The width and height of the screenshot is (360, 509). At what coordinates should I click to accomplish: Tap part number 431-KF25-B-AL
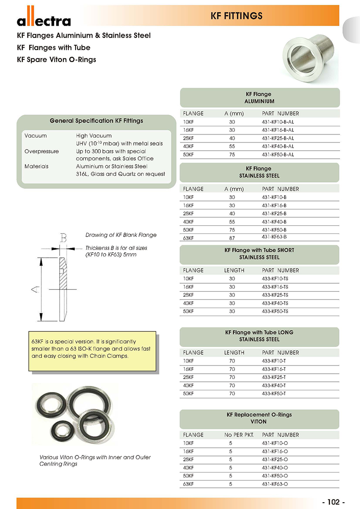[x=278, y=138]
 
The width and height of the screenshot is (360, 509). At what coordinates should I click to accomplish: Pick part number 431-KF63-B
[x=274, y=237]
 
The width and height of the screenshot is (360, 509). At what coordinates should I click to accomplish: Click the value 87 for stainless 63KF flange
[x=232, y=238]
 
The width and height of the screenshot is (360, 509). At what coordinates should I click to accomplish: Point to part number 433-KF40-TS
[x=275, y=303]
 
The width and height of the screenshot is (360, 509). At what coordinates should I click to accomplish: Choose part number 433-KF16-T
[x=274, y=369]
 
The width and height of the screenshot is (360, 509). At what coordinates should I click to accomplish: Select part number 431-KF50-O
[x=274, y=476]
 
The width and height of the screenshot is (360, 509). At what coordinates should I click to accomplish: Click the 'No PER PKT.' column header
[x=239, y=435]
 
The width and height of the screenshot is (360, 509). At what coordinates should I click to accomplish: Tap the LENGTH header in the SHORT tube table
[x=234, y=270]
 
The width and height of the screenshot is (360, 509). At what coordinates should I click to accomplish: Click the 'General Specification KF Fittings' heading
[x=96, y=121]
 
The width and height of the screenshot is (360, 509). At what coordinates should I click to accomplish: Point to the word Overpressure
[x=41, y=152]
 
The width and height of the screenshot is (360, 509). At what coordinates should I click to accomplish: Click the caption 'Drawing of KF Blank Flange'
[x=121, y=235]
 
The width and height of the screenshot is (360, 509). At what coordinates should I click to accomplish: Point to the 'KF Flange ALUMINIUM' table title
[x=259, y=98]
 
